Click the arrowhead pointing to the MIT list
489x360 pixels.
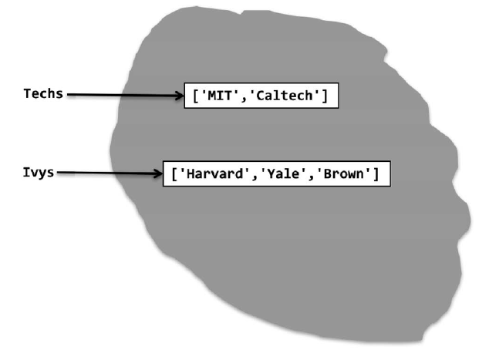click(x=177, y=96)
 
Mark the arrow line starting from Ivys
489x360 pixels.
click(x=104, y=173)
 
